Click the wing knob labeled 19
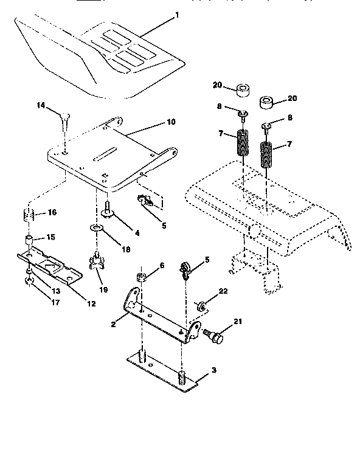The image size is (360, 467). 98,261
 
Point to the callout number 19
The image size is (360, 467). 104,291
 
